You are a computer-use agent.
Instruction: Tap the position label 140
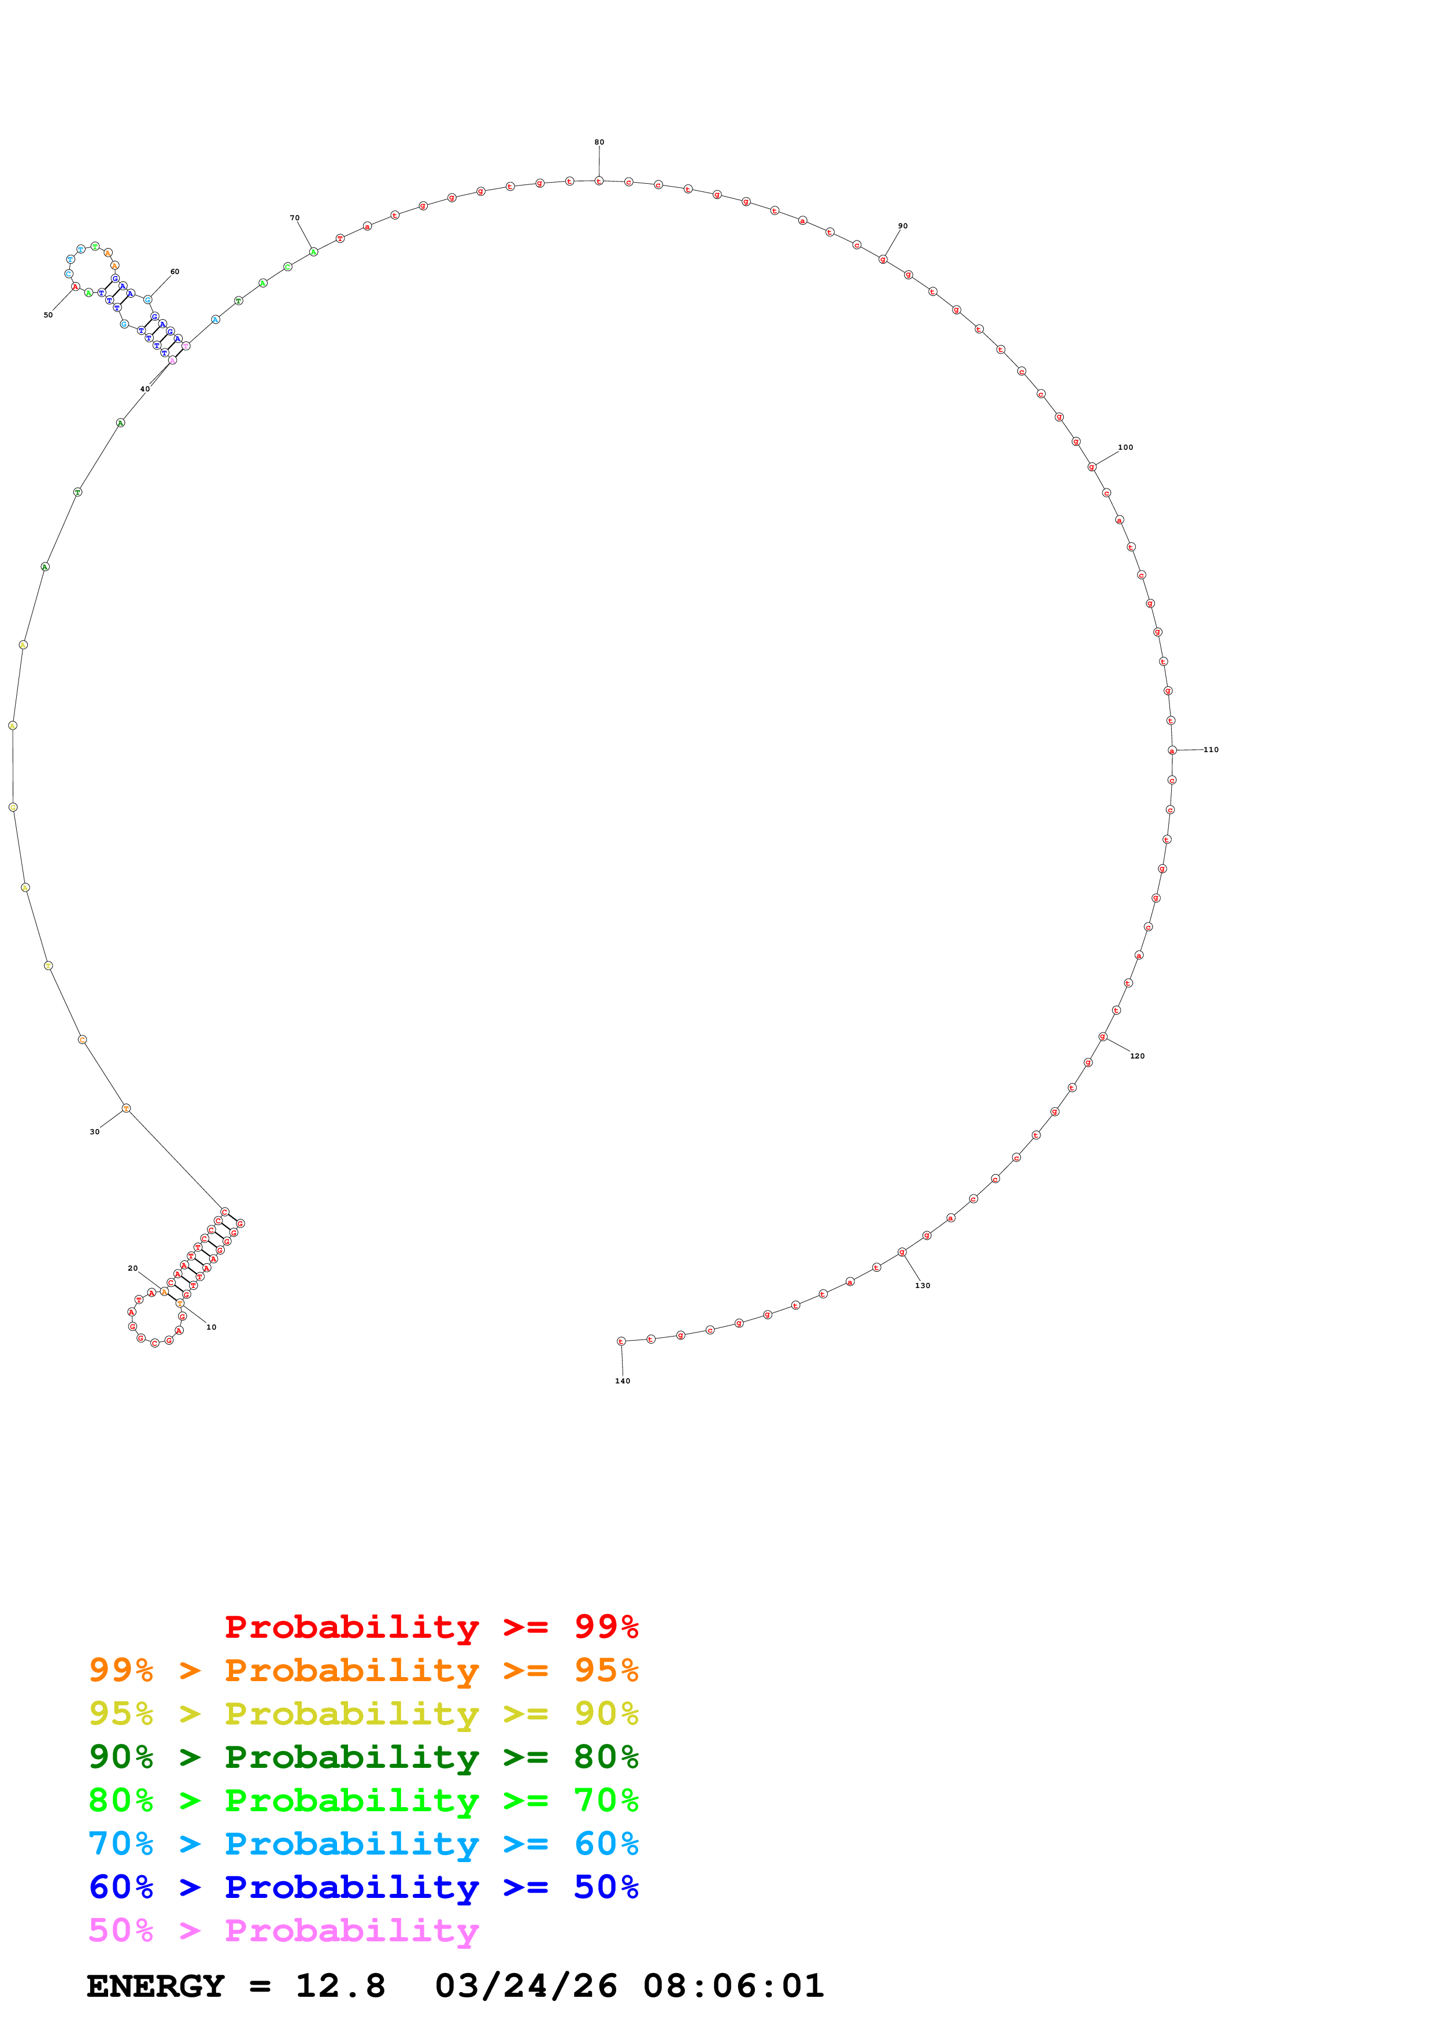(623, 1381)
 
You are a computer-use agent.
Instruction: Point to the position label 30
(94, 1131)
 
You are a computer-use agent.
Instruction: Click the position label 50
(49, 314)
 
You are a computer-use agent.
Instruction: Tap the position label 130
(922, 1285)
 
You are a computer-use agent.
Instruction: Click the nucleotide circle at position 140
(621, 1341)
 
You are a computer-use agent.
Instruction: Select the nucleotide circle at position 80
(599, 181)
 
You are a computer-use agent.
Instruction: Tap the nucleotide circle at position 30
(126, 1108)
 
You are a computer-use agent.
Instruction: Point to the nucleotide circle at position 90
(882, 260)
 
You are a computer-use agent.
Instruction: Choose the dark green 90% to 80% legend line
(363, 1757)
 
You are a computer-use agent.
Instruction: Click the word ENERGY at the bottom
(155, 1986)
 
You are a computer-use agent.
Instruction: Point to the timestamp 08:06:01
(733, 1986)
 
